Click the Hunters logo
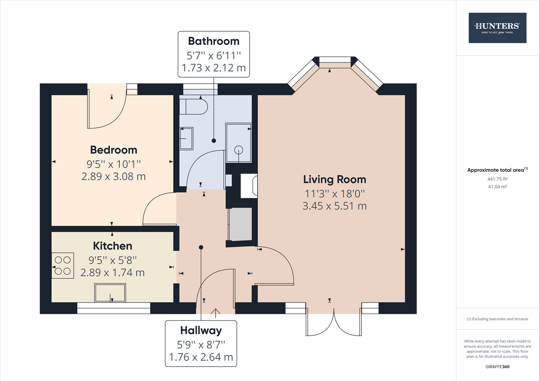(497, 28)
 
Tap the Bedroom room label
(114, 150)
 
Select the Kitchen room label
(113, 246)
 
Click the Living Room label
(334, 180)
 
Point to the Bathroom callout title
(214, 41)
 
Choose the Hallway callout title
(201, 331)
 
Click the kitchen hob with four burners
(63, 266)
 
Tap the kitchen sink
(110, 293)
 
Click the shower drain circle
(239, 150)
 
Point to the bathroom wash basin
(186, 138)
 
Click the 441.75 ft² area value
(497, 179)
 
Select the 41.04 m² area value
(497, 187)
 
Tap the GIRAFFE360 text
(497, 367)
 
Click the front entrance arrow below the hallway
(216, 312)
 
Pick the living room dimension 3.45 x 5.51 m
(334, 206)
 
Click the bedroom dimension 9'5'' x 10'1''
(114, 164)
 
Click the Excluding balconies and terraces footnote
(497, 319)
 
